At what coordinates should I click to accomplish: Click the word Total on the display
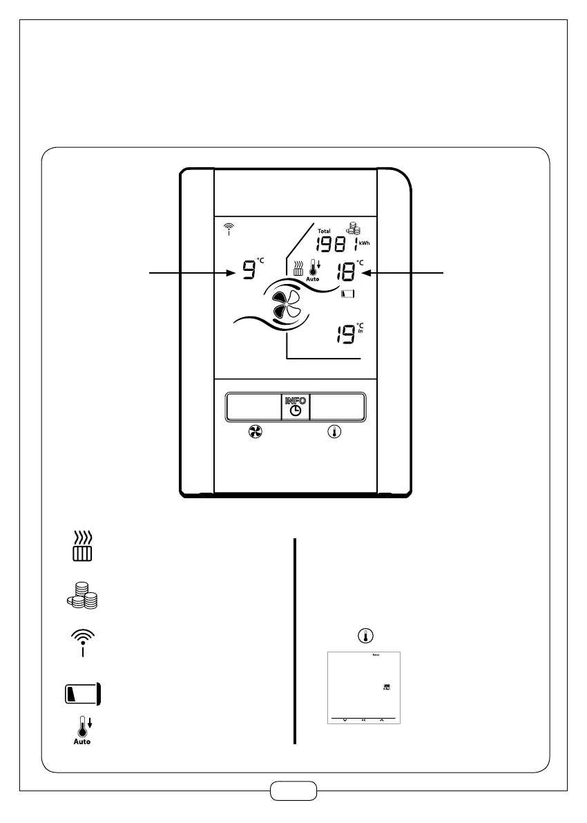tap(325, 231)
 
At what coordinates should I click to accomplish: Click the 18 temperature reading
tap(345, 272)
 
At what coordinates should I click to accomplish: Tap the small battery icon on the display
tap(349, 294)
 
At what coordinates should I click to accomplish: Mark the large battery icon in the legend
tap(83, 693)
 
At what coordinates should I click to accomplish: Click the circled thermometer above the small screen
tap(363, 635)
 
